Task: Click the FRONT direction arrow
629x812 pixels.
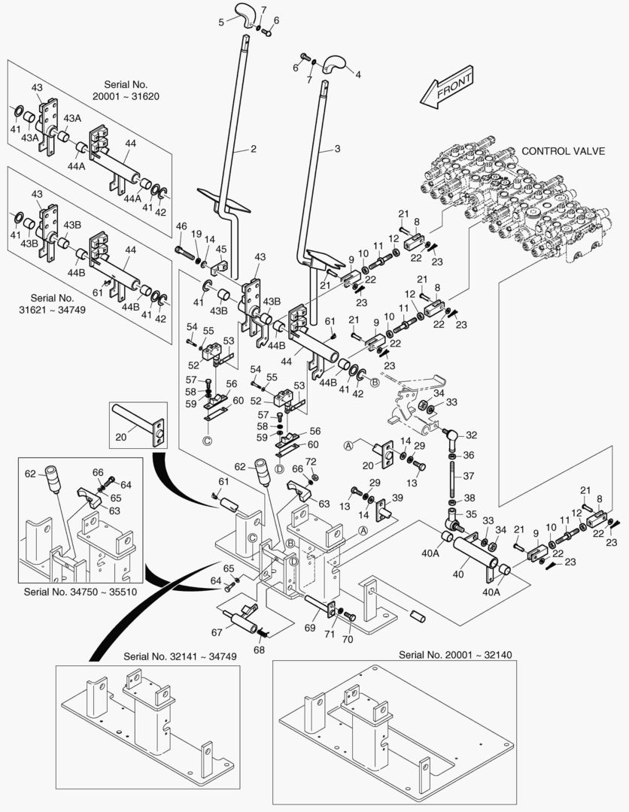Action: click(x=447, y=86)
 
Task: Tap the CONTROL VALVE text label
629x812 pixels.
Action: click(x=563, y=151)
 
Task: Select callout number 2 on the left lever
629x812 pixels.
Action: click(x=254, y=149)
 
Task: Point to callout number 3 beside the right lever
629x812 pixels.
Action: click(x=337, y=149)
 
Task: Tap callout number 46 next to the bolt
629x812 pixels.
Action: click(x=181, y=226)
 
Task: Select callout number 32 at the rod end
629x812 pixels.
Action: click(x=471, y=435)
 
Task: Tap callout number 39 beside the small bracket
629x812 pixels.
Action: click(x=397, y=498)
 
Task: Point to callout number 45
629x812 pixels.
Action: click(x=221, y=250)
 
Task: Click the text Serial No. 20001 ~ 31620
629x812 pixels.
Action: click(x=126, y=91)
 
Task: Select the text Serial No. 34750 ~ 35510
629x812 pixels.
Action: click(x=78, y=592)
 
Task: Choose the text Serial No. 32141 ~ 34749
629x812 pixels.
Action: click(x=180, y=656)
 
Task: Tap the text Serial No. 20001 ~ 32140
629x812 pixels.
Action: click(x=455, y=655)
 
